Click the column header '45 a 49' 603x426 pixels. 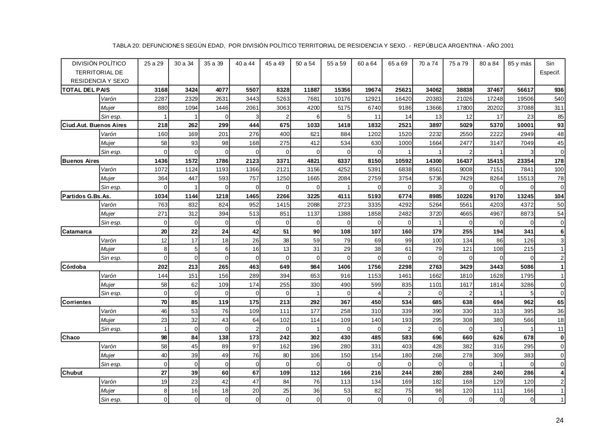click(x=275, y=64)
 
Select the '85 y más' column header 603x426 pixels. click(x=520, y=64)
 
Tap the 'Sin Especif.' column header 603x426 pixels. click(x=550, y=68)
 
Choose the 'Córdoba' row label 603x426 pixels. click(x=74, y=267)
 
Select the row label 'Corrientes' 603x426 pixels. click(x=77, y=302)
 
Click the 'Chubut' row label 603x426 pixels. click(x=73, y=373)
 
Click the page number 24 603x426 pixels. click(x=559, y=420)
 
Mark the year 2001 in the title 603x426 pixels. click(x=506, y=46)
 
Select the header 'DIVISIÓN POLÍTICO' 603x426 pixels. click(x=99, y=64)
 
